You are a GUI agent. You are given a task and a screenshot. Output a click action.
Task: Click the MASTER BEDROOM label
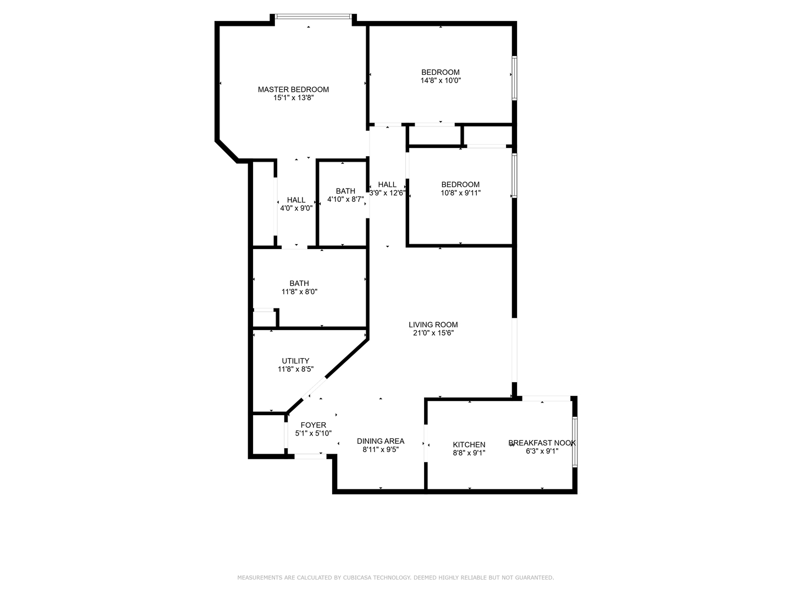coord(293,90)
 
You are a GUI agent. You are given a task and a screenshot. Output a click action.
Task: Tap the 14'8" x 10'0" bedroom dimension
coord(440,80)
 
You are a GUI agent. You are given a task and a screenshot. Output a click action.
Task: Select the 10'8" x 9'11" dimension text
coord(460,193)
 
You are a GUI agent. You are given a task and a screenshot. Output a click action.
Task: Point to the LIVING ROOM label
coord(433,324)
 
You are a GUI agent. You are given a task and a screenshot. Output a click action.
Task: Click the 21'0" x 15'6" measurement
coord(433,333)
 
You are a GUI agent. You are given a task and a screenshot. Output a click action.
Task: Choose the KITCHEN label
coord(469,444)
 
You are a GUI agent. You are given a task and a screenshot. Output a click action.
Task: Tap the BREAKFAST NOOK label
coord(542,443)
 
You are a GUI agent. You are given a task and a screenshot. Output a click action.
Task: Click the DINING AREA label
coord(380,441)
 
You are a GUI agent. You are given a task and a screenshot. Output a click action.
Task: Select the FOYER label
coord(313,425)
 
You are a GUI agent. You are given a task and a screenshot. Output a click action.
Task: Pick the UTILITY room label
coord(295,361)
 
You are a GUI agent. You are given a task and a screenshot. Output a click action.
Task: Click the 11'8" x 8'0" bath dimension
coord(299,291)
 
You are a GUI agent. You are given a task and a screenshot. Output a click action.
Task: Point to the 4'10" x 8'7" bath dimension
coord(345,199)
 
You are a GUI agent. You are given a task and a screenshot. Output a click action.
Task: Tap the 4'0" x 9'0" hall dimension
coord(296,208)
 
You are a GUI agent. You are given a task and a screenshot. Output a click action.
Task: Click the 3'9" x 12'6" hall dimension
coord(387,193)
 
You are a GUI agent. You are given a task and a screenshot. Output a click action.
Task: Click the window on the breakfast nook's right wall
coord(575,442)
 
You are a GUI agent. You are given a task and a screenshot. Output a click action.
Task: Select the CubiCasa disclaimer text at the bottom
coord(395,577)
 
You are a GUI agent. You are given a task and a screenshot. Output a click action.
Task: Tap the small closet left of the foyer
coord(268,434)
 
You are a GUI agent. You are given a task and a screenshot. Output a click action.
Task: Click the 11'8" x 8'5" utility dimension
coord(295,369)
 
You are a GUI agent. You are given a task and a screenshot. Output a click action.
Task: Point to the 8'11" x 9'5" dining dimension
coord(380,449)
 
